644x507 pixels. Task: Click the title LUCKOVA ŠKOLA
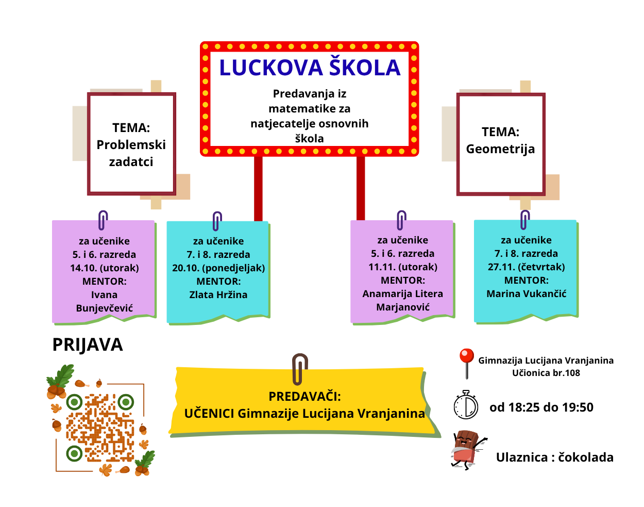pyautogui.click(x=310, y=68)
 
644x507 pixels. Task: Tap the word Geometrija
pyautogui.click(x=500, y=149)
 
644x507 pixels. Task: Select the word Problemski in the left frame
pyautogui.click(x=131, y=145)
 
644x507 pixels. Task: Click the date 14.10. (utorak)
pyautogui.click(x=105, y=268)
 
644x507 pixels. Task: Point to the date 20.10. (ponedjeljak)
pyautogui.click(x=218, y=268)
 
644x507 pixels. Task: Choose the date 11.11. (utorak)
pyautogui.click(x=403, y=267)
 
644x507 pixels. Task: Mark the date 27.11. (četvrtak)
pyautogui.click(x=526, y=267)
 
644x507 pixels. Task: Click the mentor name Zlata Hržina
pyautogui.click(x=218, y=295)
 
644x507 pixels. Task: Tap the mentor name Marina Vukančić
pyautogui.click(x=526, y=294)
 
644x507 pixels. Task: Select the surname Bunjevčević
pyautogui.click(x=105, y=308)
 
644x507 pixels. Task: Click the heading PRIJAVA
pyautogui.click(x=88, y=345)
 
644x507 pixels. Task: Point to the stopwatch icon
pyautogui.click(x=466, y=405)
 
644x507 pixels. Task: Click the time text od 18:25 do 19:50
pyautogui.click(x=541, y=407)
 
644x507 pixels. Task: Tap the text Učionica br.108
pyautogui.click(x=546, y=373)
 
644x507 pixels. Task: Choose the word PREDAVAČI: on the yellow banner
pyautogui.click(x=304, y=397)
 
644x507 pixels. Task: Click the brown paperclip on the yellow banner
pyautogui.click(x=299, y=369)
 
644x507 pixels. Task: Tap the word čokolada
pyautogui.click(x=586, y=457)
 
